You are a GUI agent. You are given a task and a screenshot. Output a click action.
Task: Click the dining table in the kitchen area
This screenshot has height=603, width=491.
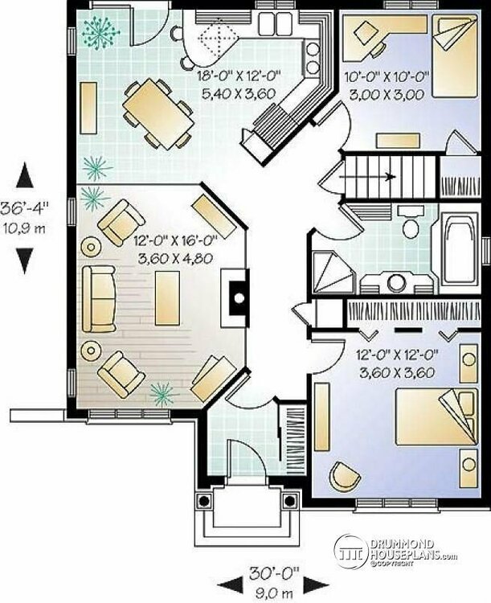158,114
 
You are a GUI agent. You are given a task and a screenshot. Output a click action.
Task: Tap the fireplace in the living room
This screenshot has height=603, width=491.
235,297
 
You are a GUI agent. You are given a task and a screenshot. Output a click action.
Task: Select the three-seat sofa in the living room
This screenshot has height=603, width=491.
99,299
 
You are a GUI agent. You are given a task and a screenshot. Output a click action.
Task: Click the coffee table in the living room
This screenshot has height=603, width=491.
168,298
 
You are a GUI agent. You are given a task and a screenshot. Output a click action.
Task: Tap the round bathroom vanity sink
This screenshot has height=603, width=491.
396,282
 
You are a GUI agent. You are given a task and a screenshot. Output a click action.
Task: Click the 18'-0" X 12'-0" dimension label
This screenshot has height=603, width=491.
239,76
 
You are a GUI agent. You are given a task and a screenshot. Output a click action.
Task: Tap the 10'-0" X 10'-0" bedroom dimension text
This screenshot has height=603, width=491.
387,77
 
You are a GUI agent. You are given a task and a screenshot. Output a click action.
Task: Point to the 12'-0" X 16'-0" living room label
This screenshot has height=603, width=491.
176,241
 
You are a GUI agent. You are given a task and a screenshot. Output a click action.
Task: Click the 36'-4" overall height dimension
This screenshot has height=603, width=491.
26,208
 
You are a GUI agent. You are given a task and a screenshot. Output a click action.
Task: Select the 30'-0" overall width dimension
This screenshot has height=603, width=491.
273,573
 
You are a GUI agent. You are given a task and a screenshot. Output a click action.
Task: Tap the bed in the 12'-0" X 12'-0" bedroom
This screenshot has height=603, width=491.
437,416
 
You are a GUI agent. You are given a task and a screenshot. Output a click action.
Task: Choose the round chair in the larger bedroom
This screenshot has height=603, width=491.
345,477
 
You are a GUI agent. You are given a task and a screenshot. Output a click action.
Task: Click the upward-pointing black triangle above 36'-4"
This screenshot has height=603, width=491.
25,175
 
